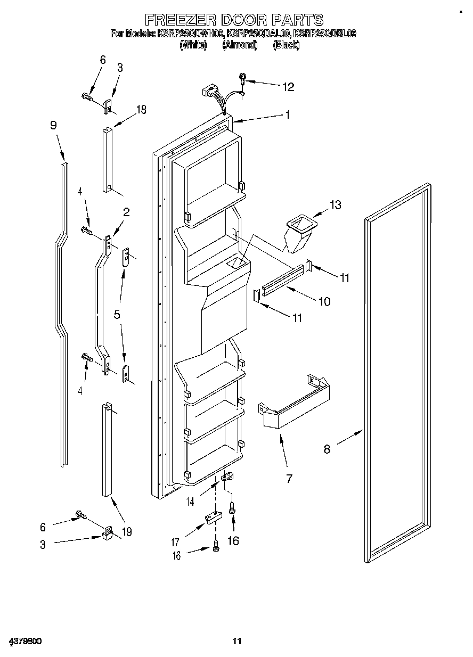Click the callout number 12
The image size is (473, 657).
click(x=288, y=87)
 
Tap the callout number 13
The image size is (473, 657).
click(x=336, y=205)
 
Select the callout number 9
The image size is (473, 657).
click(x=53, y=125)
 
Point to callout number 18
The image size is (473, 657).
click(x=141, y=110)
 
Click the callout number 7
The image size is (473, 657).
click(x=289, y=479)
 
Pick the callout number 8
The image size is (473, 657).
click(x=327, y=449)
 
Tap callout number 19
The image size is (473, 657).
click(x=127, y=531)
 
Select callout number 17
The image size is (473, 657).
click(x=175, y=543)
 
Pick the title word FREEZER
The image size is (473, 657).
click(x=179, y=20)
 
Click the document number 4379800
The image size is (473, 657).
click(x=25, y=640)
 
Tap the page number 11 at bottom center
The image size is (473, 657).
click(x=237, y=640)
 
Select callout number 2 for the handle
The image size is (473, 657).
click(x=126, y=212)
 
